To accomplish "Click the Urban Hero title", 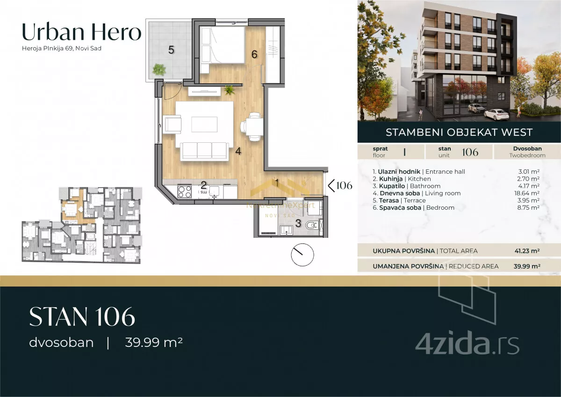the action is click(x=82, y=32).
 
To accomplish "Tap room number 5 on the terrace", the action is click(x=171, y=50).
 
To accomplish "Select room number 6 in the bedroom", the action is click(x=254, y=54).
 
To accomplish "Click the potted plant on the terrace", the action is click(x=159, y=69).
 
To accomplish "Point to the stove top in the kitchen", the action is click(x=185, y=192).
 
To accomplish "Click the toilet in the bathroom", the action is click(x=312, y=225).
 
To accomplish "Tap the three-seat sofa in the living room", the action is click(x=205, y=151).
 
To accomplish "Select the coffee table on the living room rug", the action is click(x=204, y=124).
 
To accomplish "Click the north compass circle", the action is click(x=302, y=255).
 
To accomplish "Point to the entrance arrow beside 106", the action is click(x=331, y=185).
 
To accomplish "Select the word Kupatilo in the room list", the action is click(x=392, y=186).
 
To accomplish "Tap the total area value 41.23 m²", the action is click(x=527, y=251).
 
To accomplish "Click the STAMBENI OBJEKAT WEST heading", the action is click(x=459, y=132).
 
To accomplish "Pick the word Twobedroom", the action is click(x=527, y=155).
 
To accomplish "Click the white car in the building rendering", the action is click(x=496, y=114).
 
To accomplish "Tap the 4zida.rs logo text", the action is click(x=467, y=344).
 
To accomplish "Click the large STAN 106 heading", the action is click(x=82, y=317).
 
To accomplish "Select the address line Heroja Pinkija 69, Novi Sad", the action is click(x=62, y=48).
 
